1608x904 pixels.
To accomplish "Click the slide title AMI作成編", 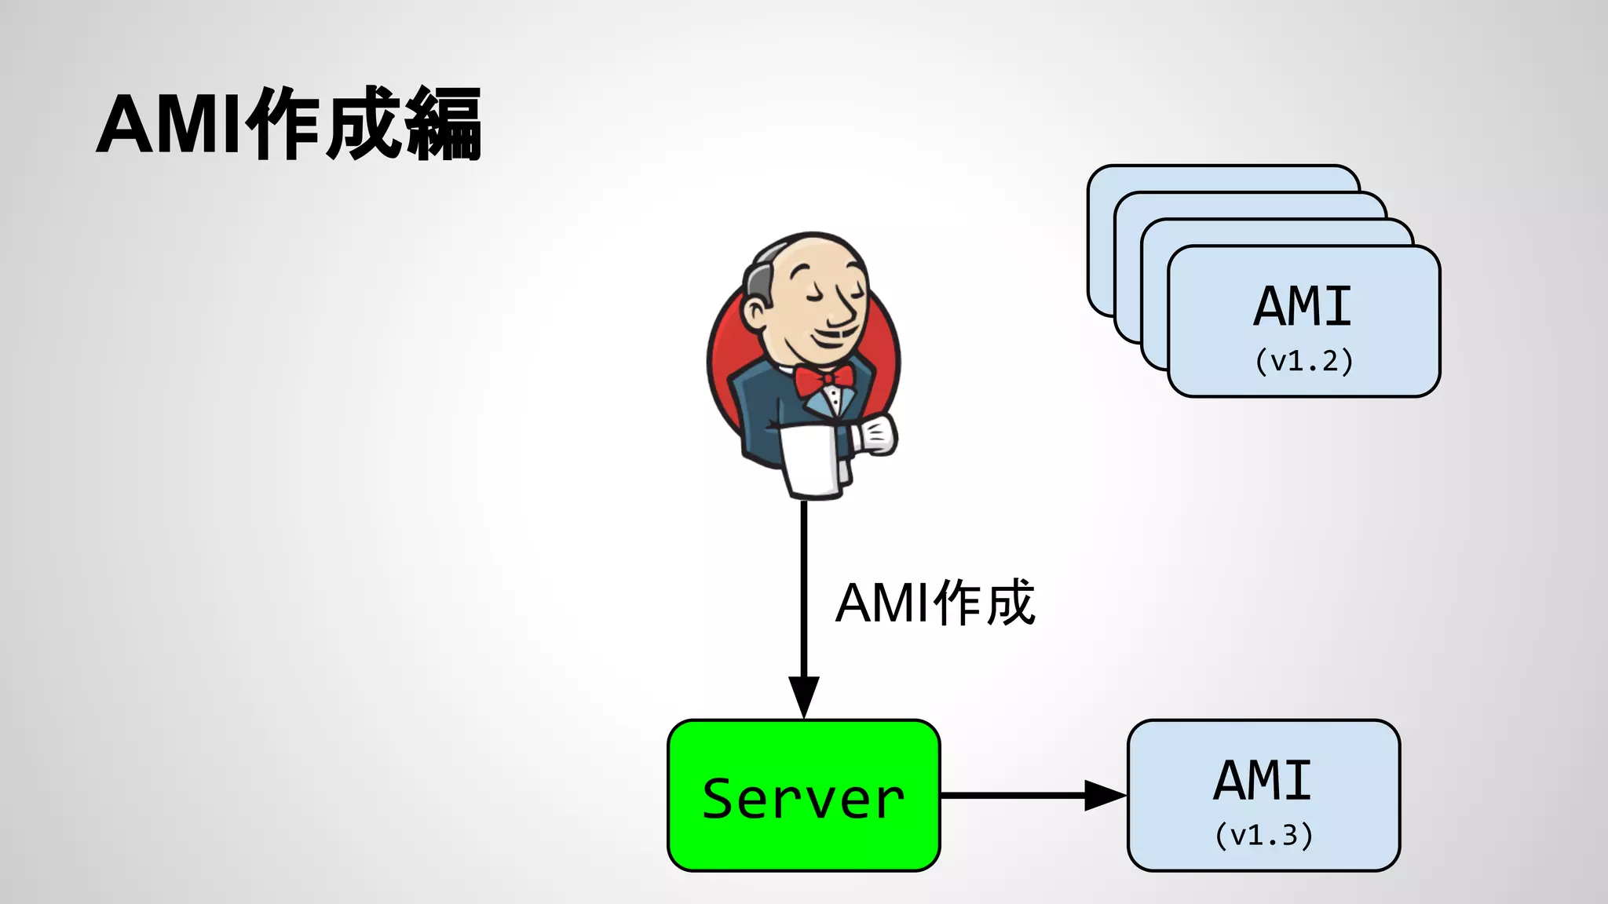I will click(289, 124).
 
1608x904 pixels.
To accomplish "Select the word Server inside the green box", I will click(803, 799).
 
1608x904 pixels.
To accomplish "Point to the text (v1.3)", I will click(1263, 835).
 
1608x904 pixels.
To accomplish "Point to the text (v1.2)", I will click(1303, 361).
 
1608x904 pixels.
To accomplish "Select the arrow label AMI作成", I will click(935, 603).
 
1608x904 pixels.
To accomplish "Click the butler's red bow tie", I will click(823, 381).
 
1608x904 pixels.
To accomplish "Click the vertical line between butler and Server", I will click(803, 589).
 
